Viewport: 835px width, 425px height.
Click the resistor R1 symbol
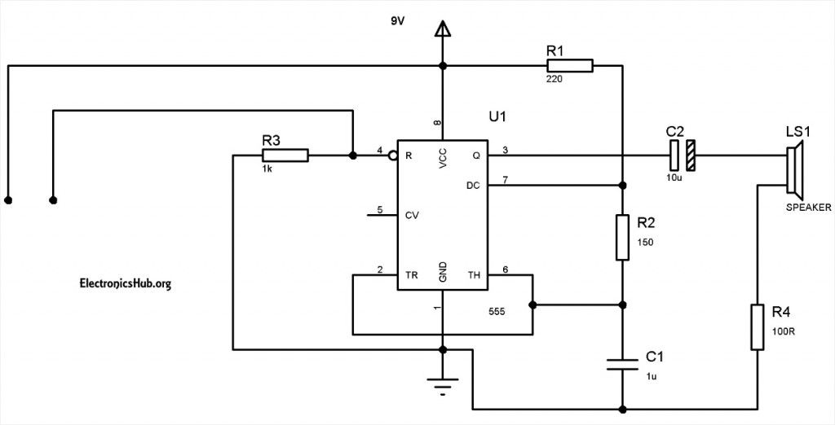(569, 66)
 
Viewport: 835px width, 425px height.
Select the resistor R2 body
(622, 238)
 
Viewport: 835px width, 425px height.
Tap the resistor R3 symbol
(285, 155)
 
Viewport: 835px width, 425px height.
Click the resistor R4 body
(758, 327)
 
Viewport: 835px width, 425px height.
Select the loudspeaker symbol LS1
(795, 170)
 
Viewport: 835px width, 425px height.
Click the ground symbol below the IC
(443, 384)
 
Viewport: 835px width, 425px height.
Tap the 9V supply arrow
(443, 30)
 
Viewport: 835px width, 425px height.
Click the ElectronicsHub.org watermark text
(125, 283)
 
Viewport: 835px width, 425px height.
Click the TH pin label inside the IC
(473, 275)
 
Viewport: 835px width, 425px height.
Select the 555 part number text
(496, 311)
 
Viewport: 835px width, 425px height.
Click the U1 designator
(497, 116)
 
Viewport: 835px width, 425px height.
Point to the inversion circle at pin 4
(392, 155)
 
